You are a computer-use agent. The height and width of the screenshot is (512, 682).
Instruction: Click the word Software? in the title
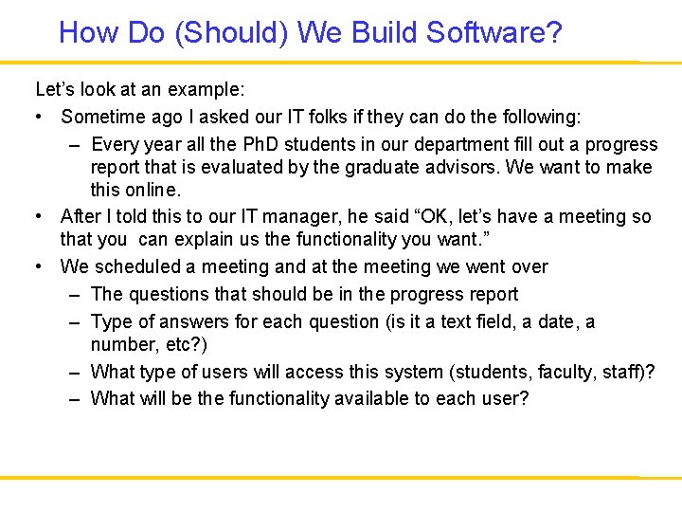pos(494,33)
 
